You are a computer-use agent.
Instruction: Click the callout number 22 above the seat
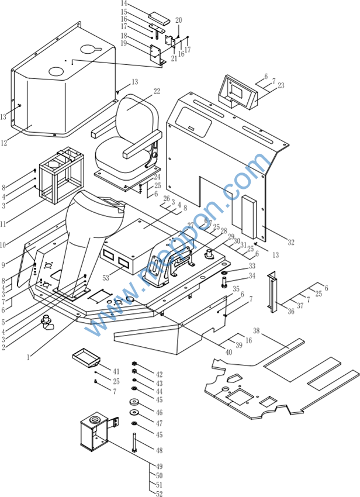point(157,91)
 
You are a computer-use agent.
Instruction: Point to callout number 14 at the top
point(124,4)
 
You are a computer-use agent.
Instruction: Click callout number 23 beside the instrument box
point(281,85)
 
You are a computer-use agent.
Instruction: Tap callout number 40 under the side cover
point(229,352)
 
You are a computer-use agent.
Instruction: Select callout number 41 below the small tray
point(116,371)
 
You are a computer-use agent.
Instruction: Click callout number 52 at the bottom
point(160,494)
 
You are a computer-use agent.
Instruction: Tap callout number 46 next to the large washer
point(159,413)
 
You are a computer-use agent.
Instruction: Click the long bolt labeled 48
point(136,442)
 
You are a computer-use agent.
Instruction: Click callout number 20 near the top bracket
point(179,20)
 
